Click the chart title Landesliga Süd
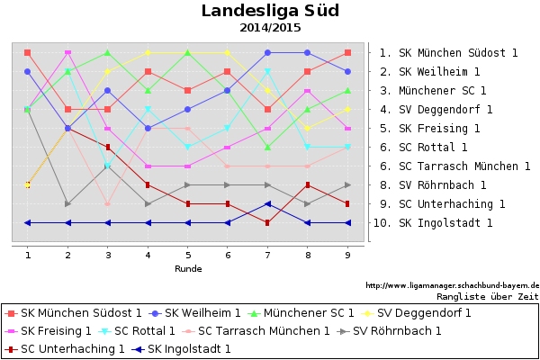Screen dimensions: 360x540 269,11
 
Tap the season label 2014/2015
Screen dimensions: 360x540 270,28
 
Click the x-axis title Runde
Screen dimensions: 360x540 188,268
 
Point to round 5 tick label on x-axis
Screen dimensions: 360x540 188,256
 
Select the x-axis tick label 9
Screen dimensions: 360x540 348,256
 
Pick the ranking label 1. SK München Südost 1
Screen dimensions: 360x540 448,53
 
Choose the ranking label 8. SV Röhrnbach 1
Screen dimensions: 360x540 432,184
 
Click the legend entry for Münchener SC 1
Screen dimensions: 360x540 311,313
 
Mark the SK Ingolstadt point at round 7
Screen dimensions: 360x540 268,203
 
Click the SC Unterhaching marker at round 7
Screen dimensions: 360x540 268,222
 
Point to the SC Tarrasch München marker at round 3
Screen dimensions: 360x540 108,203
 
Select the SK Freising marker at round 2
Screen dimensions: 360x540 68,53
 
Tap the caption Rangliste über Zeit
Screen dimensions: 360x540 487,295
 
